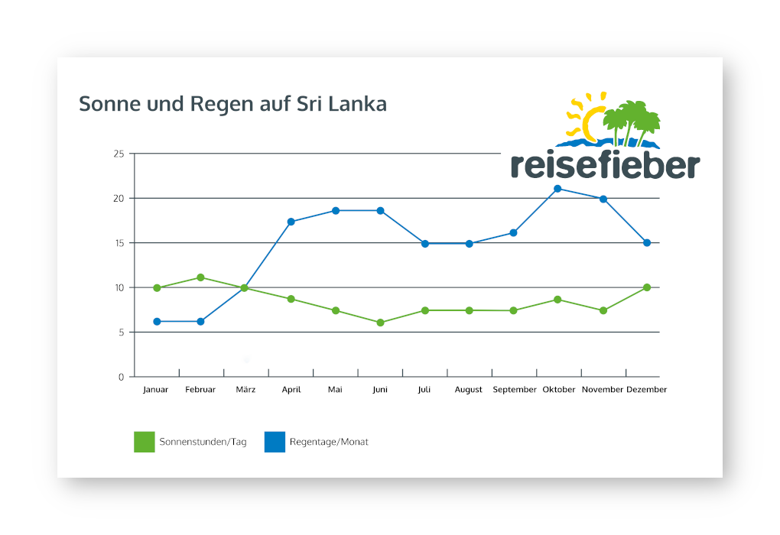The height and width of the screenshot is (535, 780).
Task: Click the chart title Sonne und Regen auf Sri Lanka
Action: tap(232, 104)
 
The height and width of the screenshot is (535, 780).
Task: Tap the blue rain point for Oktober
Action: tap(557, 189)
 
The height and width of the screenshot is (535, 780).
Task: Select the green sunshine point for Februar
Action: tap(200, 277)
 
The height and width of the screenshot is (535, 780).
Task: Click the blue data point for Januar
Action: tap(157, 322)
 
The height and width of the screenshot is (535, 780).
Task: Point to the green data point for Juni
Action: tap(380, 323)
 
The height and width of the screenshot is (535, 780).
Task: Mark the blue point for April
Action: tap(291, 222)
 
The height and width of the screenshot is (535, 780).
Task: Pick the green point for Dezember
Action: tap(647, 287)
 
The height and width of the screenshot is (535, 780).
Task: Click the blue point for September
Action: tap(513, 232)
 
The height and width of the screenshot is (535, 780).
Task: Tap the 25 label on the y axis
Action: tap(119, 154)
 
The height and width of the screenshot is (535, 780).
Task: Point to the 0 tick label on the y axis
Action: tap(121, 377)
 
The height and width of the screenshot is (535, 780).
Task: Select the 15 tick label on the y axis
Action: tap(119, 243)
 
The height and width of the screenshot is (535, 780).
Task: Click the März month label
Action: tap(245, 390)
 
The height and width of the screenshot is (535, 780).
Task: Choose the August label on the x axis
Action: tap(469, 390)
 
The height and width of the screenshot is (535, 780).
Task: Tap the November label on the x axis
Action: tap(603, 390)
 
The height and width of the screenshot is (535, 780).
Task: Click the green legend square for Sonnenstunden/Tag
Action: tap(144, 442)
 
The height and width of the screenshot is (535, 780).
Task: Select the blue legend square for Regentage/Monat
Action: tap(275, 442)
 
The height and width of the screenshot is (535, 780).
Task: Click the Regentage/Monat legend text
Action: tap(329, 442)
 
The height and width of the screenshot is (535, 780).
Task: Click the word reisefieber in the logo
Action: tap(605, 165)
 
